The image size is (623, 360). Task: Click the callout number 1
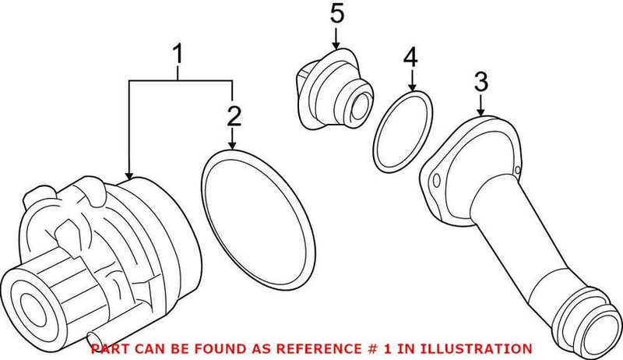(x=178, y=55)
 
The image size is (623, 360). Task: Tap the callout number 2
(x=234, y=116)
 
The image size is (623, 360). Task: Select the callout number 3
(x=481, y=82)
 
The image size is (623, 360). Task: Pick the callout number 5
(x=337, y=13)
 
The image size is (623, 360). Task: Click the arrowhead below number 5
(x=337, y=45)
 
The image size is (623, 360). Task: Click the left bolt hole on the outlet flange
(x=436, y=180)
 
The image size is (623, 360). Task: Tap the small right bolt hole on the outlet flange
(x=517, y=170)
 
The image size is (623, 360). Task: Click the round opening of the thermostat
(x=359, y=107)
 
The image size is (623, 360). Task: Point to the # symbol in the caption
(x=369, y=349)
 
